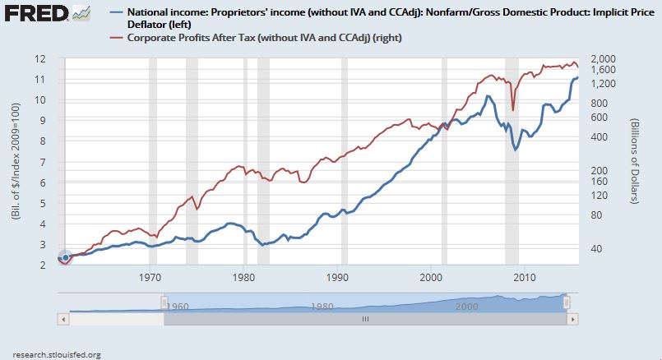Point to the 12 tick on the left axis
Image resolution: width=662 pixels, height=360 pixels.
[39, 59]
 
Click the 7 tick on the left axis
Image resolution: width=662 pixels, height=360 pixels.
[42, 162]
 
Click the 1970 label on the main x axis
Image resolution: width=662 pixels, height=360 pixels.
[150, 277]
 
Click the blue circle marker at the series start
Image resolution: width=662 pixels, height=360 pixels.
[65, 258]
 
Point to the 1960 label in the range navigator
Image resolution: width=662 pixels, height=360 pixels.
[175, 306]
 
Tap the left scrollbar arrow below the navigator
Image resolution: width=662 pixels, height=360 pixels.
[62, 319]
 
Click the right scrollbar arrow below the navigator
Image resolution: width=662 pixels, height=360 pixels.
[570, 319]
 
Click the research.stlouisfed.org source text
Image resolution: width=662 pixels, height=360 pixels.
[50, 354]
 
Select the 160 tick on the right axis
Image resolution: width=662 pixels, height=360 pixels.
[598, 181]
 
